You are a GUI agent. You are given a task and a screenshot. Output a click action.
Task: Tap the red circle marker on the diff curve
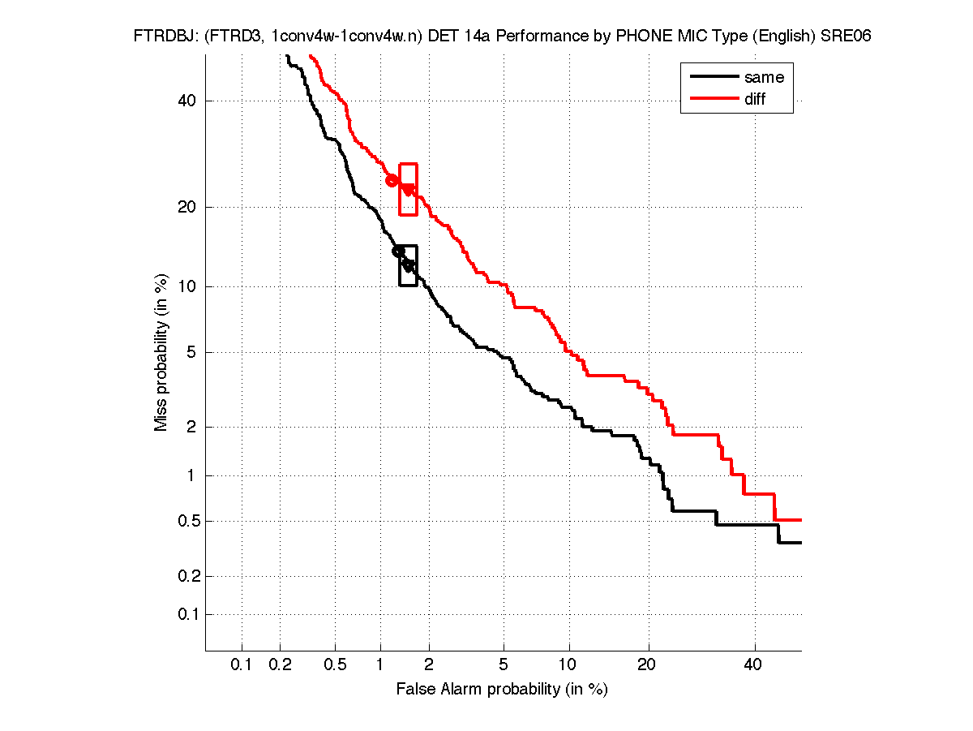(x=392, y=180)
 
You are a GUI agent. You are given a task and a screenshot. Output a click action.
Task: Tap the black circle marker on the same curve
(x=398, y=252)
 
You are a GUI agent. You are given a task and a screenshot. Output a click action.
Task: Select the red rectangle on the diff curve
(x=409, y=189)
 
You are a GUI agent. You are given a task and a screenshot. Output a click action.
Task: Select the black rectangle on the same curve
(x=409, y=265)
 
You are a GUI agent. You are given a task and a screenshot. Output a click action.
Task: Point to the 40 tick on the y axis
(x=189, y=101)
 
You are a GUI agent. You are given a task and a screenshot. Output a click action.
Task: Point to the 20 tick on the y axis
(x=189, y=207)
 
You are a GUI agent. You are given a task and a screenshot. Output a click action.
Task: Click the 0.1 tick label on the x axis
(x=242, y=665)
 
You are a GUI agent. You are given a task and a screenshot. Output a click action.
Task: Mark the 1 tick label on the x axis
(x=380, y=665)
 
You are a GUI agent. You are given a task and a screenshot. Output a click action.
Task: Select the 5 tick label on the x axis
(x=504, y=665)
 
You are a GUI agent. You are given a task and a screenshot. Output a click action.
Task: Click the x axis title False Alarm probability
(x=502, y=690)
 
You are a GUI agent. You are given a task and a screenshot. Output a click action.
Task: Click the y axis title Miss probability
(x=162, y=353)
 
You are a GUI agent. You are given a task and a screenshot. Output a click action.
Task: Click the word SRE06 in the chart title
(x=846, y=37)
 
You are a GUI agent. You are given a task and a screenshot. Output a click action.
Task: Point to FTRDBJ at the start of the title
(x=161, y=37)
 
